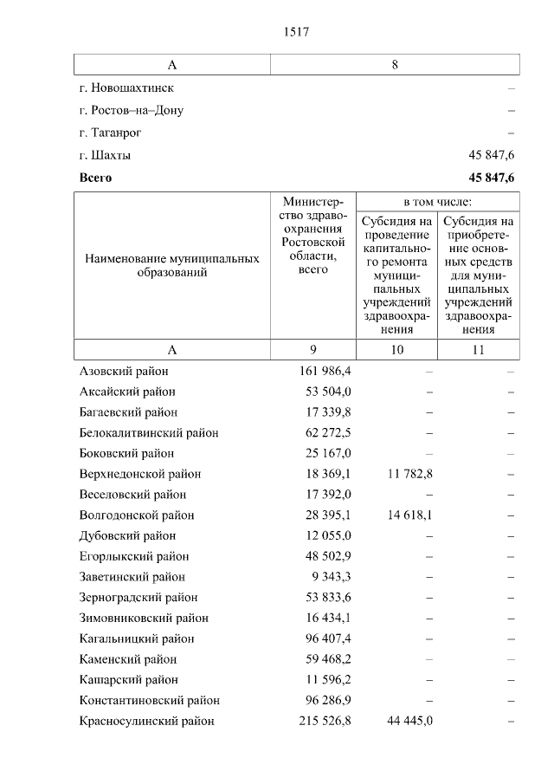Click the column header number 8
tap(395, 65)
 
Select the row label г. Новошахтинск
tap(126, 88)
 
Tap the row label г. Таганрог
tap(110, 133)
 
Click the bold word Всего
tap(95, 178)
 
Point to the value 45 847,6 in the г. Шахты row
tap(492, 156)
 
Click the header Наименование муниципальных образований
tap(172, 265)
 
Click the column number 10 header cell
tap(397, 349)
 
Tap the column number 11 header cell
tap(478, 349)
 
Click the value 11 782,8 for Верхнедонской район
tap(406, 474)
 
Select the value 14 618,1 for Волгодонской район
tap(406, 515)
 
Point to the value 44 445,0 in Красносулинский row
tap(406, 721)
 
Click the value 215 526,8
tap(324, 721)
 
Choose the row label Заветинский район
tap(132, 577)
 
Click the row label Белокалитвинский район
tap(148, 432)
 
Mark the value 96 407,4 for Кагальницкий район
tap(328, 638)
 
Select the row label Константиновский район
tap(149, 700)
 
